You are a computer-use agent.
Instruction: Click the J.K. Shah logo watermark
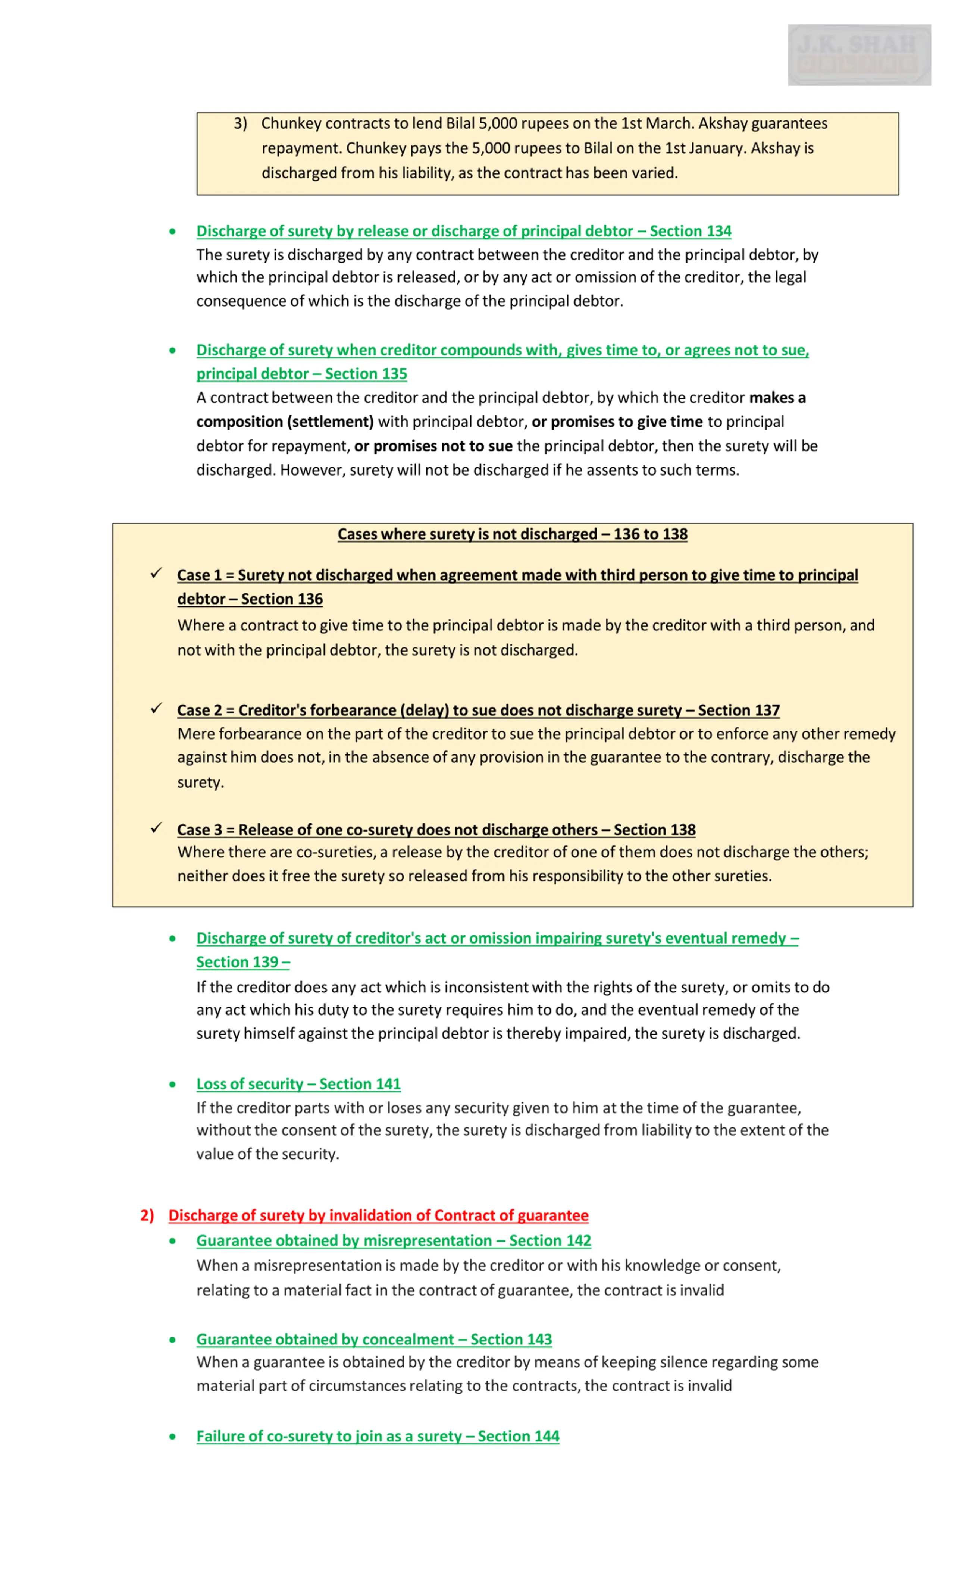coord(859,55)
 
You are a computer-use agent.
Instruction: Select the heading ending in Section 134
coord(463,231)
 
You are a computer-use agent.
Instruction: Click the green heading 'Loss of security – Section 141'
coord(298,1084)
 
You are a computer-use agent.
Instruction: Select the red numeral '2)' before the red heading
coord(147,1215)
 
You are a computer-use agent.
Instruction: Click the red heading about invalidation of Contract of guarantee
coord(378,1215)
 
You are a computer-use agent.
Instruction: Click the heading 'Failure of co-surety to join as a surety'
coord(377,1436)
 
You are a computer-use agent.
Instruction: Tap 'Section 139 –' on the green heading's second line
coord(242,962)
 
